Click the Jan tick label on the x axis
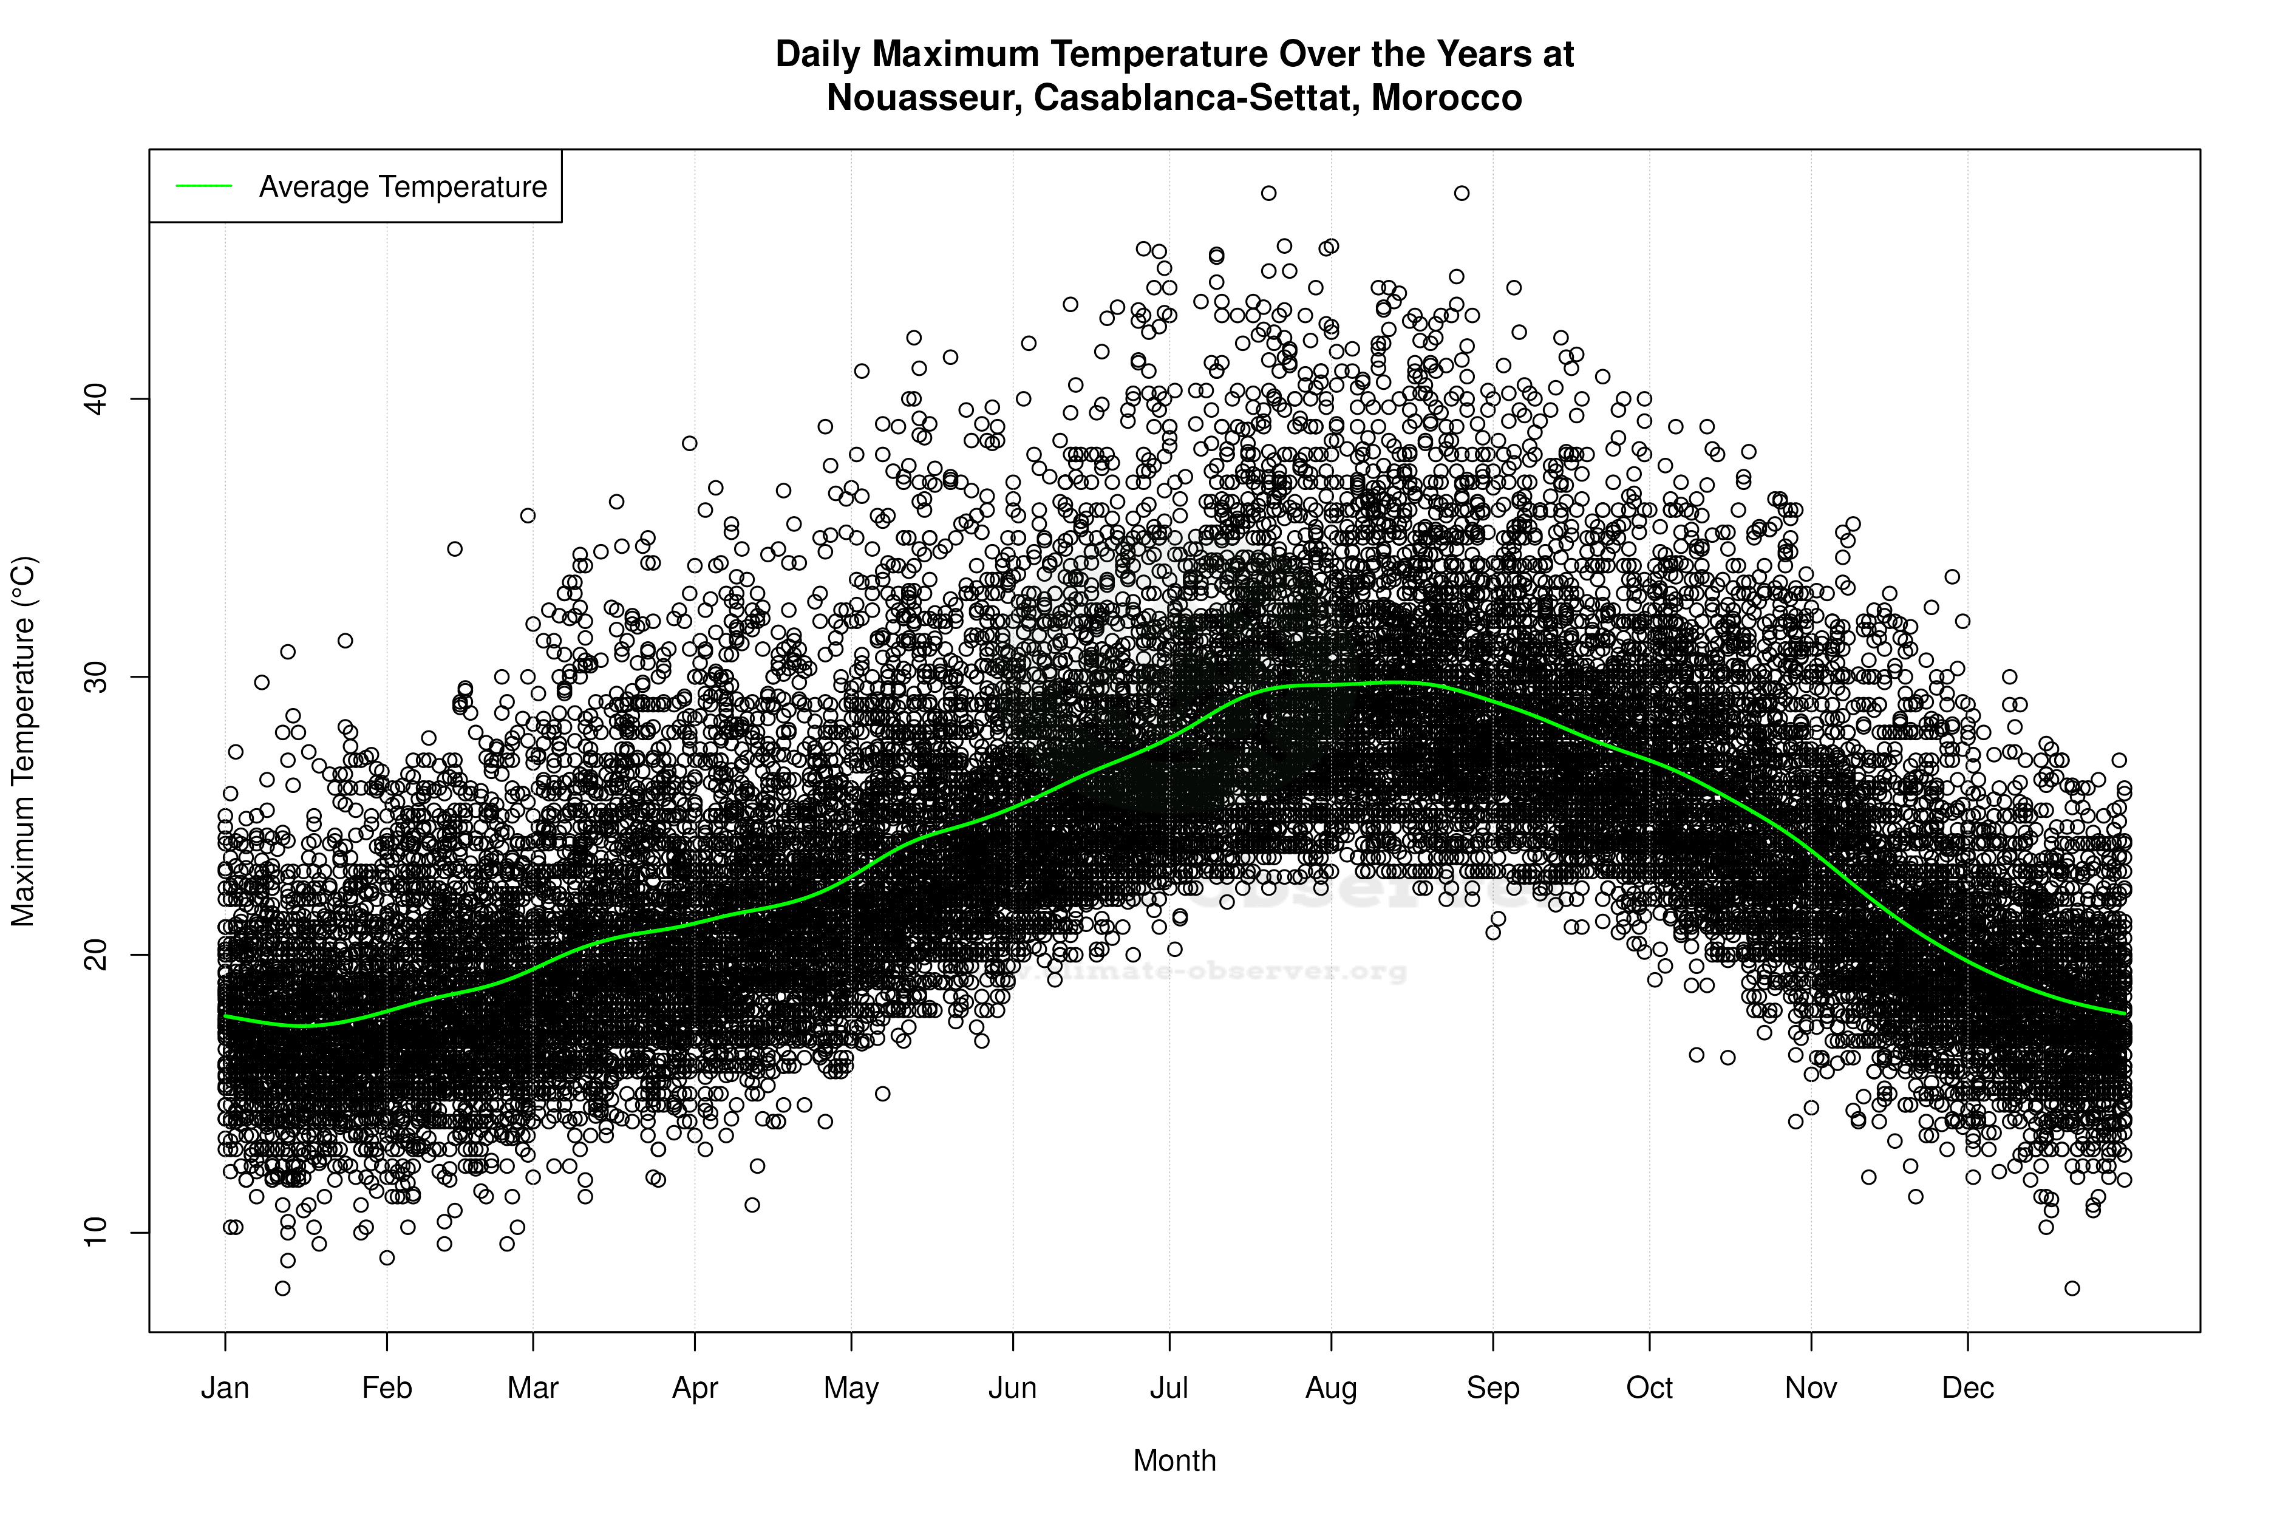point(225,1388)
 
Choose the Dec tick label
point(1967,1388)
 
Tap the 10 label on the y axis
point(94,1233)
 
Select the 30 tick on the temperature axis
point(94,676)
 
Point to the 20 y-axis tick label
point(94,955)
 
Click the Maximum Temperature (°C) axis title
point(23,741)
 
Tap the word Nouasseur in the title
point(924,98)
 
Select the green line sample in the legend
point(203,186)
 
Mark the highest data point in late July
point(1268,192)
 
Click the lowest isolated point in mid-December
point(2072,1288)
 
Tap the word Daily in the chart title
point(819,54)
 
